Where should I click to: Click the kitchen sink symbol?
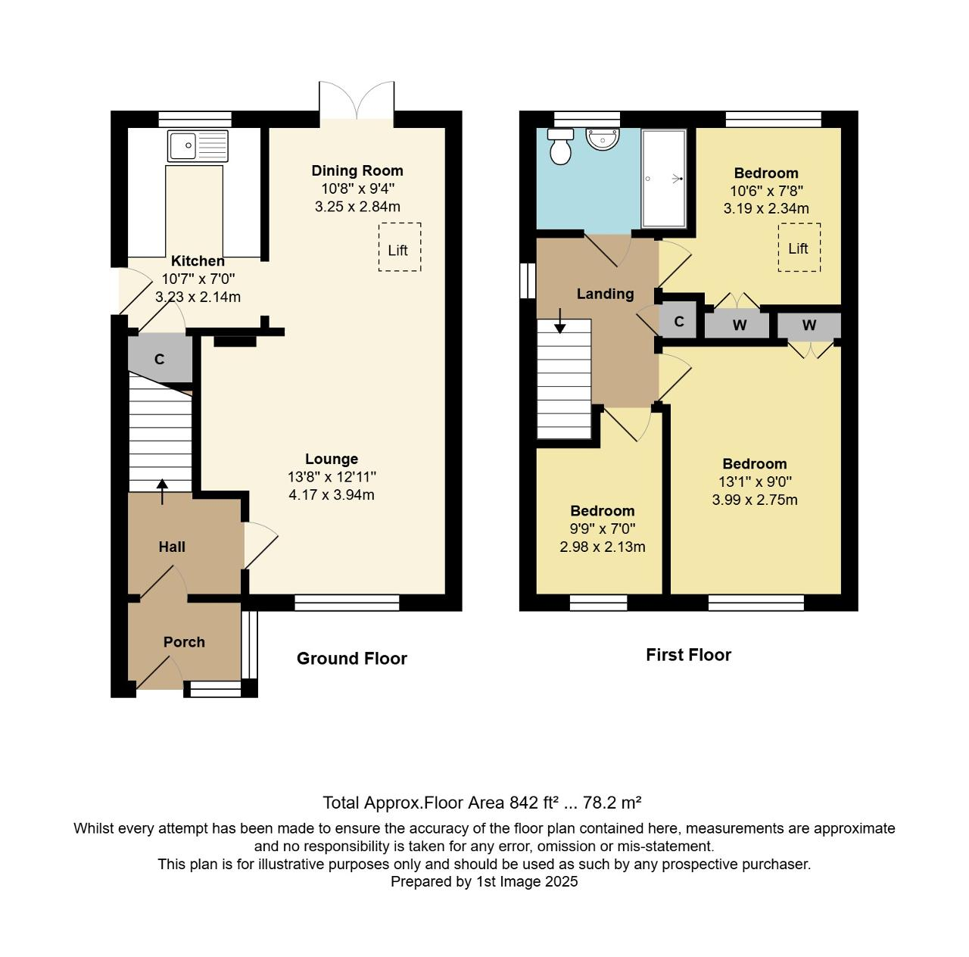[198, 145]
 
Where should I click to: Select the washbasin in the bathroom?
[603, 139]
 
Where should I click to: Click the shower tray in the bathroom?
[664, 179]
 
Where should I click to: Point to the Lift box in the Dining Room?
[399, 247]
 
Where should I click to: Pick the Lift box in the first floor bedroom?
[799, 247]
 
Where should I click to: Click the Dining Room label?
[357, 170]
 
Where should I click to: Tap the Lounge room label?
[332, 459]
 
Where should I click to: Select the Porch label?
[184, 642]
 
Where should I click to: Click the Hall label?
[172, 547]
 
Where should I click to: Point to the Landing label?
[605, 294]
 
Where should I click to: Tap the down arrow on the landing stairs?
[559, 321]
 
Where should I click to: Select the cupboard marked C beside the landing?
[679, 322]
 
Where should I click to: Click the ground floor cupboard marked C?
[159, 360]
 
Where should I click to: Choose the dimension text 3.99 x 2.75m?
[754, 500]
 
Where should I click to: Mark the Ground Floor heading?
[351, 659]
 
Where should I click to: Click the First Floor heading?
[688, 655]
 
